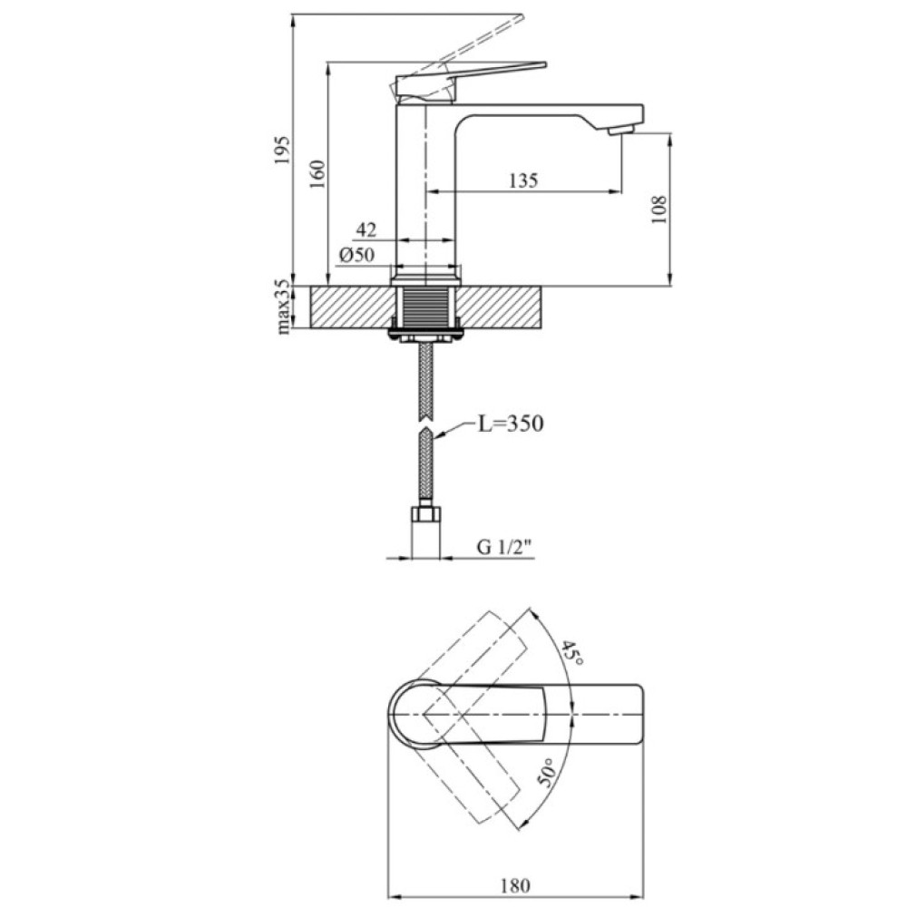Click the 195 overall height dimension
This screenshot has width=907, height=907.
click(x=282, y=150)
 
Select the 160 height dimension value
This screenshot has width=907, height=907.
click(x=317, y=173)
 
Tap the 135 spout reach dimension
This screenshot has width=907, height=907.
click(x=523, y=180)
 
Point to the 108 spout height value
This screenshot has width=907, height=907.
click(x=658, y=210)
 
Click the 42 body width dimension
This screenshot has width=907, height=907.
click(x=366, y=230)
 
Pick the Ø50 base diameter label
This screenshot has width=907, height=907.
click(x=356, y=255)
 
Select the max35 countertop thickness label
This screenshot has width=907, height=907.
click(x=283, y=307)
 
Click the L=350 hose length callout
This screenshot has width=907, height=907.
click(x=510, y=424)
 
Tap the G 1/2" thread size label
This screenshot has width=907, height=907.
click(x=503, y=547)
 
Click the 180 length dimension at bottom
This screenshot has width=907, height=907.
click(x=515, y=885)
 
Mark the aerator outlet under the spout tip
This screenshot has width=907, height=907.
click(x=622, y=131)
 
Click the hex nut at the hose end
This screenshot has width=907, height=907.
click(x=425, y=514)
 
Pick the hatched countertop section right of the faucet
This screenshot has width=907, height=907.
click(x=502, y=307)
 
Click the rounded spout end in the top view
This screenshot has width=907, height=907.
click(x=639, y=715)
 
